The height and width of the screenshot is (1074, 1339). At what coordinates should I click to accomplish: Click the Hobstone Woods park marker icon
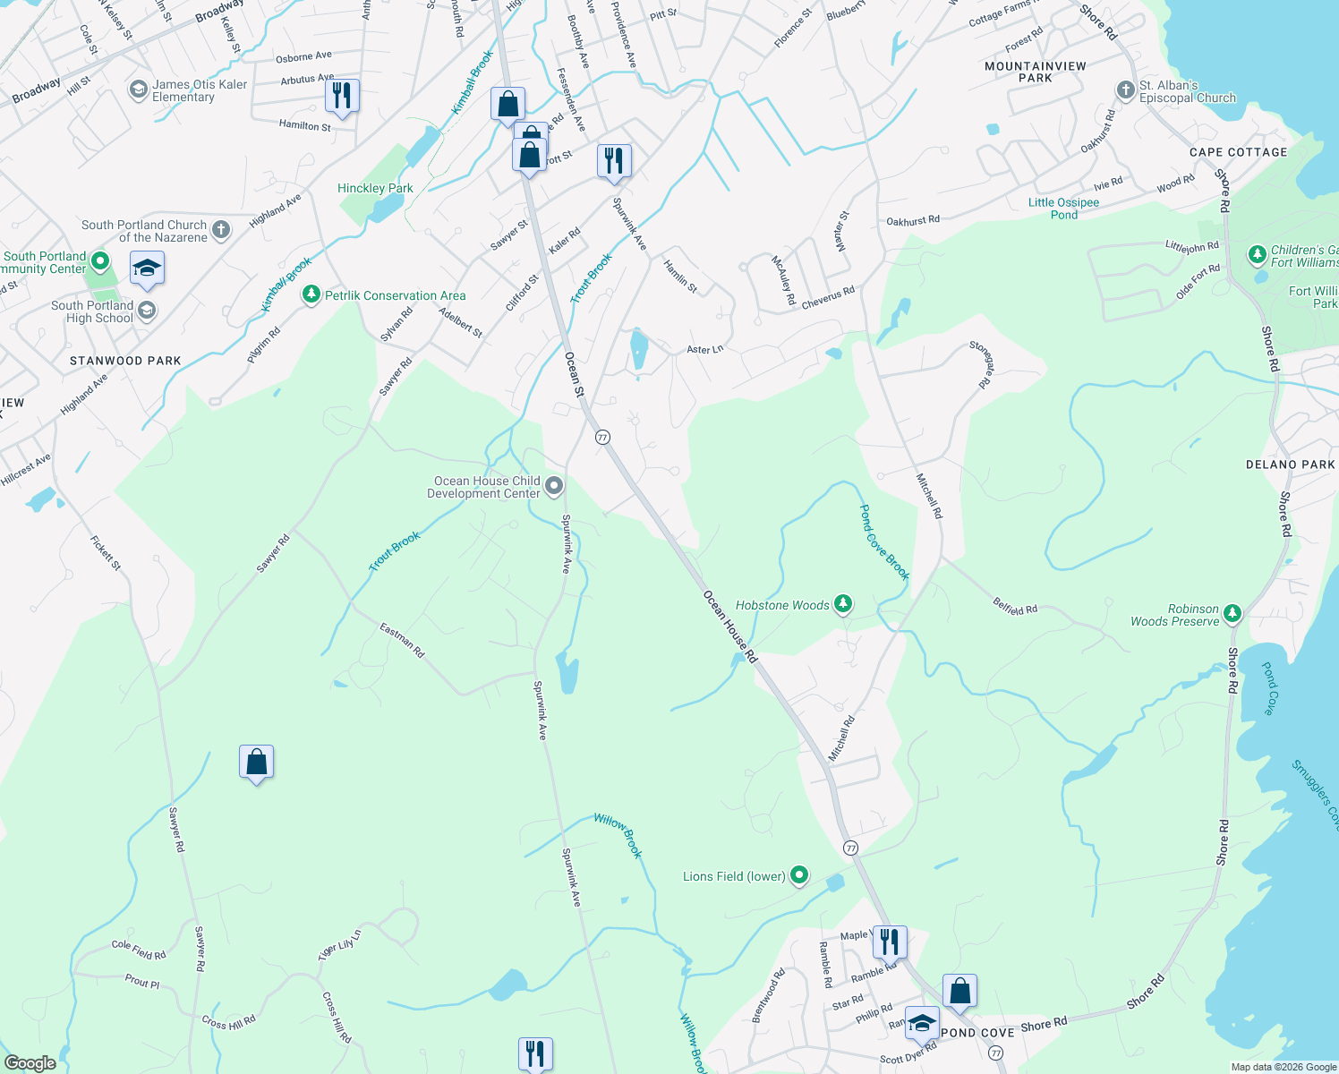click(x=842, y=604)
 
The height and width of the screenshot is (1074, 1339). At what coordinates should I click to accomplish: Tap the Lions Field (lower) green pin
click(x=799, y=875)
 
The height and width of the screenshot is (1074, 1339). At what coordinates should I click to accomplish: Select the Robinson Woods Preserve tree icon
click(x=1232, y=613)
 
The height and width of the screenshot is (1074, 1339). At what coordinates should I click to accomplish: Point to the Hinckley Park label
click(x=375, y=188)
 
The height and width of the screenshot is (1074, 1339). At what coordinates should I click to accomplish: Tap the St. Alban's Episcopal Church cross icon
click(x=1125, y=90)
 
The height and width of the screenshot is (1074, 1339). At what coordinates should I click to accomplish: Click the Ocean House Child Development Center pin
click(x=554, y=486)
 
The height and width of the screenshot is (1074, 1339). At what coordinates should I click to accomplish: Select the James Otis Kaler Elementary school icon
click(x=138, y=89)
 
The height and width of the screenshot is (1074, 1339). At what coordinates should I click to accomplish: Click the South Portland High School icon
click(x=147, y=311)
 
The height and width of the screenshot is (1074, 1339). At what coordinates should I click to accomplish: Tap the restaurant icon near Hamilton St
click(x=342, y=95)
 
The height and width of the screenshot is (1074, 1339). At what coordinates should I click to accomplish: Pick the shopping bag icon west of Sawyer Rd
click(x=256, y=762)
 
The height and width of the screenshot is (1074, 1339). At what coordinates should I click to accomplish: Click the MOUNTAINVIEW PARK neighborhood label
click(x=1036, y=72)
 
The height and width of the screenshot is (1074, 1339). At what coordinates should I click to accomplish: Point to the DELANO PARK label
click(x=1290, y=465)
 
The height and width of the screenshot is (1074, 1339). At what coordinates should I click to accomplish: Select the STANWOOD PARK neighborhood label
click(x=125, y=361)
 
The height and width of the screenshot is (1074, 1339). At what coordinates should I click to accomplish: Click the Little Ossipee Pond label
click(x=1063, y=209)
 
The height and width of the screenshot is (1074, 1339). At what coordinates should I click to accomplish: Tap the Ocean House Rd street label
click(x=730, y=626)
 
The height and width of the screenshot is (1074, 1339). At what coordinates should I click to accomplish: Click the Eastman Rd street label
click(x=402, y=640)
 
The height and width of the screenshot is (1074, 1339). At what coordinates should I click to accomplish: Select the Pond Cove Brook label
click(x=883, y=541)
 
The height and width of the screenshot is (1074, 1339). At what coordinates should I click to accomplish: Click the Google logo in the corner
click(x=30, y=1063)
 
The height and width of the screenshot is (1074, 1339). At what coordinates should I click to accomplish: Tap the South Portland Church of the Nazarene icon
click(x=221, y=230)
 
